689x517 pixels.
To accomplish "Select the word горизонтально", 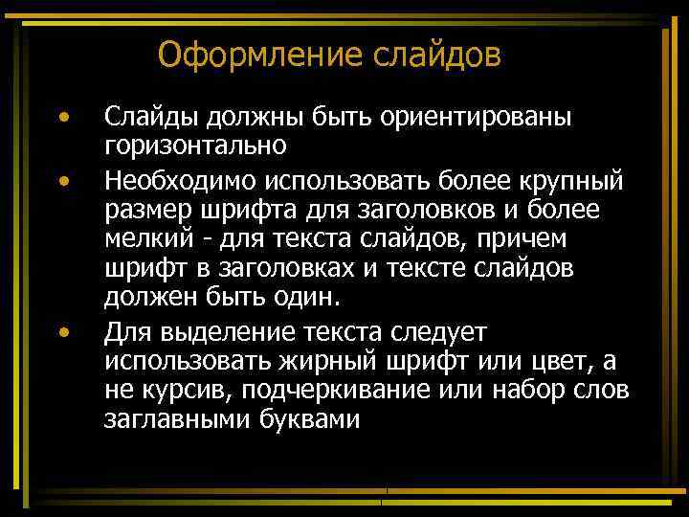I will pos(195,147).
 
